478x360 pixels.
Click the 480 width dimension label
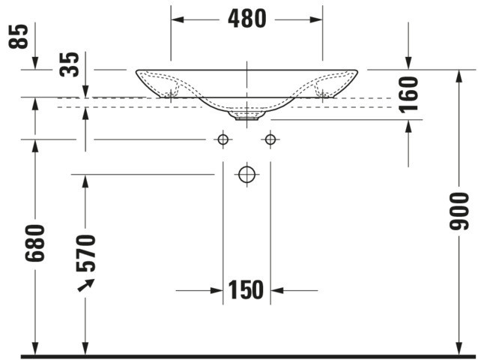click(x=247, y=19)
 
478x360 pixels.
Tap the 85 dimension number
click(x=18, y=36)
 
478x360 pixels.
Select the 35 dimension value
click(x=69, y=64)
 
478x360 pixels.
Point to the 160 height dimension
click(x=408, y=94)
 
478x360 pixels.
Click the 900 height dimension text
click(x=459, y=211)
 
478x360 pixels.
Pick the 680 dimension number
click(x=34, y=243)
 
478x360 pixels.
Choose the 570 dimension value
click(x=85, y=253)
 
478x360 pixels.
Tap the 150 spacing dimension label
click(x=246, y=289)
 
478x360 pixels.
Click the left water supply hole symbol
click(x=223, y=139)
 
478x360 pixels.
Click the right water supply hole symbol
click(x=270, y=139)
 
